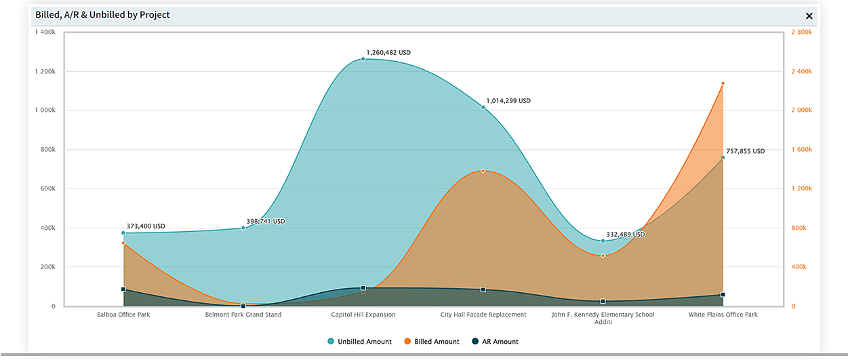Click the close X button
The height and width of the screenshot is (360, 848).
809,16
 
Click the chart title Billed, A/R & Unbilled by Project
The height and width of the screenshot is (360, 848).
102,15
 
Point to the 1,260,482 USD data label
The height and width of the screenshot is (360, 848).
388,52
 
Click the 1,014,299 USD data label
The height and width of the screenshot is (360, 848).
508,101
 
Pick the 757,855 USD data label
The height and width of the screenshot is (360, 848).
745,151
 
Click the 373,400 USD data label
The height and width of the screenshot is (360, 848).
146,226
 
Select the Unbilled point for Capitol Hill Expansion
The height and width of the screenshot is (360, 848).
363,59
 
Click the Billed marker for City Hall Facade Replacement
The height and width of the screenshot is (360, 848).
483,171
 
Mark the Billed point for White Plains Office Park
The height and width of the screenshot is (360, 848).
723,83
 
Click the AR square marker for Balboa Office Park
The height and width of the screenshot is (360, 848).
123,289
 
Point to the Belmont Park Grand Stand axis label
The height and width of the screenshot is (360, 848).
243,315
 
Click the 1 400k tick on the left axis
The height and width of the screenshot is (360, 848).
45,33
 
